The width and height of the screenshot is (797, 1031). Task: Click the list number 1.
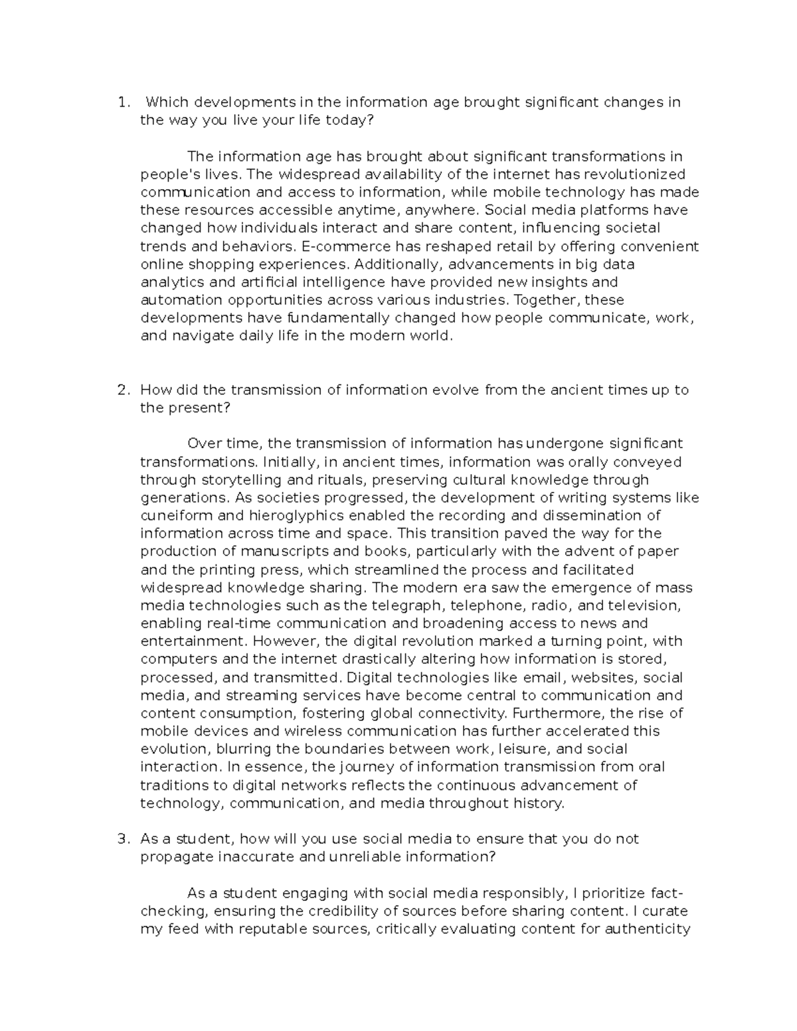click(x=121, y=102)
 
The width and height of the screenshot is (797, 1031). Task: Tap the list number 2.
click(x=122, y=390)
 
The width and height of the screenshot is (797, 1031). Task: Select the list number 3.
click(x=122, y=838)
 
